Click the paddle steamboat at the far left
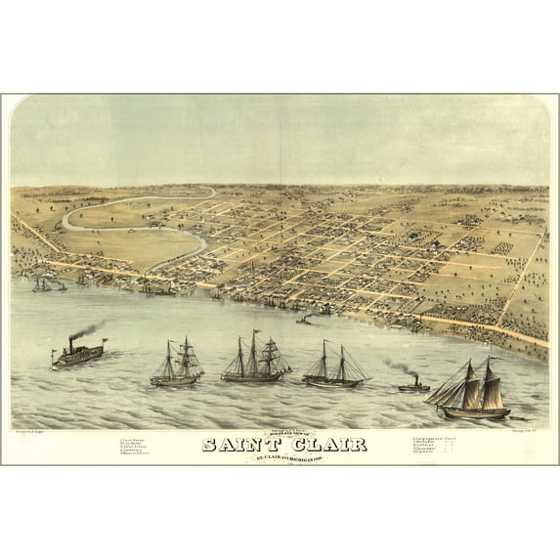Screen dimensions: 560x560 (x=78, y=354)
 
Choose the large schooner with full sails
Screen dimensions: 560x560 (x=470, y=390)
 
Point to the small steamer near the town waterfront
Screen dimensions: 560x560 (x=306, y=319)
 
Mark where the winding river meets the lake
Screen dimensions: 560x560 (x=203, y=284)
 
